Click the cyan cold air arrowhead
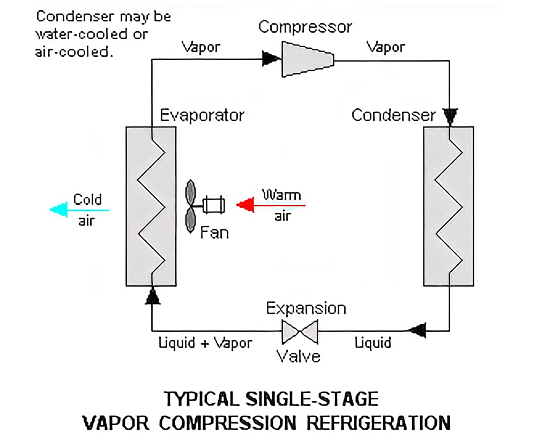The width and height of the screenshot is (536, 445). (57, 210)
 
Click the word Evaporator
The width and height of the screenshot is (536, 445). (202, 115)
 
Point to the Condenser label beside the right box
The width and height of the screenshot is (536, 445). (393, 115)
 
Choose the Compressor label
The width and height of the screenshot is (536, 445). (305, 27)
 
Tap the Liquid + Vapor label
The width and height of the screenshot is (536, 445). (205, 343)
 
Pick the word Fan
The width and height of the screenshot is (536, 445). (214, 233)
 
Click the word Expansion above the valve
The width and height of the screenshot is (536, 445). (306, 309)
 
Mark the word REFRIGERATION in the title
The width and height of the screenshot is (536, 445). (378, 422)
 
